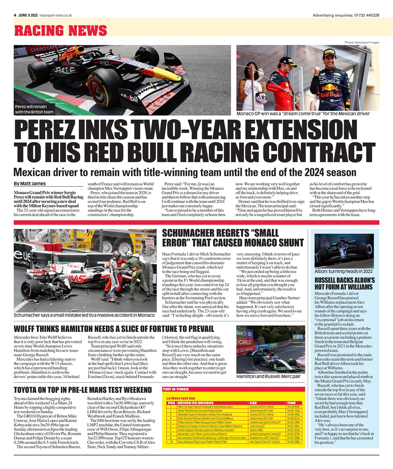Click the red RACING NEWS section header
point(61,31)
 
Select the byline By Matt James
point(30,184)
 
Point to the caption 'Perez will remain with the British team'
point(34,109)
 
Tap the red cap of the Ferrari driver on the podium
point(288,60)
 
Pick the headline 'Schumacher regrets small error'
point(233,238)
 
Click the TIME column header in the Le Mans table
point(291,403)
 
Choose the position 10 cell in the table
point(170,442)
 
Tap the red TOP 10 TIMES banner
point(233,389)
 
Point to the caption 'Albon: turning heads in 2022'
point(343,272)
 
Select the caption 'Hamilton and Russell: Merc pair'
point(268,376)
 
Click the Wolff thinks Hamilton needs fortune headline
point(114,329)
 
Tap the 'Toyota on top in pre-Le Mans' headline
point(82,389)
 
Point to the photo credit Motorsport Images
point(362,43)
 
